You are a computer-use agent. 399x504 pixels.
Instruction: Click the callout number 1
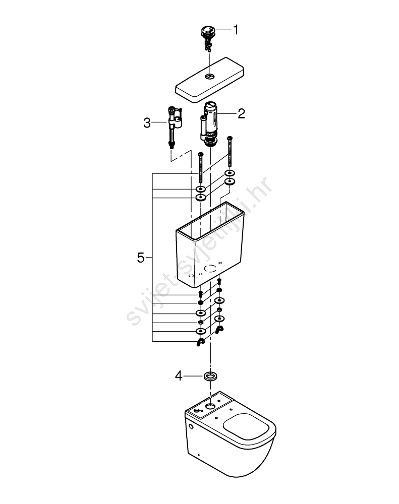click(x=236, y=30)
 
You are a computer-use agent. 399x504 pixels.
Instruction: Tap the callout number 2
click(x=241, y=113)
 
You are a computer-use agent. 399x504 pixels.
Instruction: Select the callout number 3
click(x=147, y=122)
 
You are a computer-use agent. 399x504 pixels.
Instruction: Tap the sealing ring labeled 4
click(x=210, y=376)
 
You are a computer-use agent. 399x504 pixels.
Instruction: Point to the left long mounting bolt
click(x=201, y=168)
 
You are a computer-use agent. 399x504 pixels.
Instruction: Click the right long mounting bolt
click(x=230, y=151)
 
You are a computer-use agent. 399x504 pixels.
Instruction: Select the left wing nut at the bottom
click(x=200, y=343)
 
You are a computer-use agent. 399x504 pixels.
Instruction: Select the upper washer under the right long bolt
click(x=230, y=173)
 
